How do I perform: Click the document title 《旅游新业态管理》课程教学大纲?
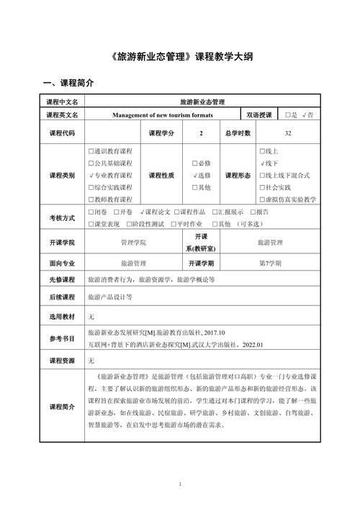pos(180,56)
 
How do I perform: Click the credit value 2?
pos(201,133)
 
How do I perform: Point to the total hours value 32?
pos(288,133)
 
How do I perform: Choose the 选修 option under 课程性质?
pos(202,176)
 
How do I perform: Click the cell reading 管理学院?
pos(133,243)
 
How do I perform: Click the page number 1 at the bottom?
pos(180,484)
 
